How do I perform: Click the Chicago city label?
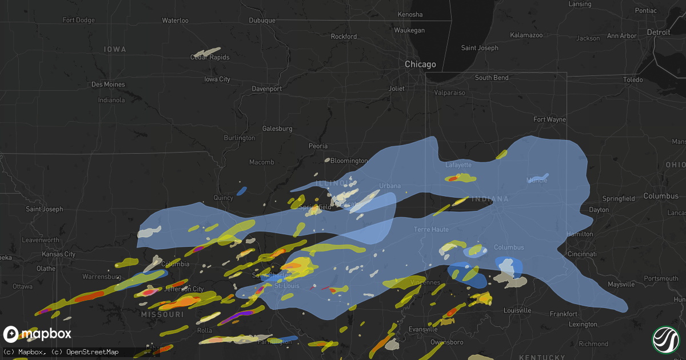tap(420, 65)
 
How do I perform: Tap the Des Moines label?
tap(108, 85)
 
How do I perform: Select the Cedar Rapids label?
tap(209, 58)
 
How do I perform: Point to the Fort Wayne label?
tap(549, 119)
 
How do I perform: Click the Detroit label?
tap(658, 33)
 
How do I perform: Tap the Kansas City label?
tap(62, 254)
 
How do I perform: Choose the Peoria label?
tap(318, 146)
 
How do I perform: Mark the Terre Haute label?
tap(431, 229)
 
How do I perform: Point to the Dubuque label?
tap(262, 21)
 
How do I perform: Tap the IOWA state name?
tap(115, 50)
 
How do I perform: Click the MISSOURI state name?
tap(163, 315)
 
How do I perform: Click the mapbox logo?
tap(37, 334)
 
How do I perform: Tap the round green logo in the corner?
tap(665, 339)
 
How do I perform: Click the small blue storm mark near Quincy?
tap(242, 190)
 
